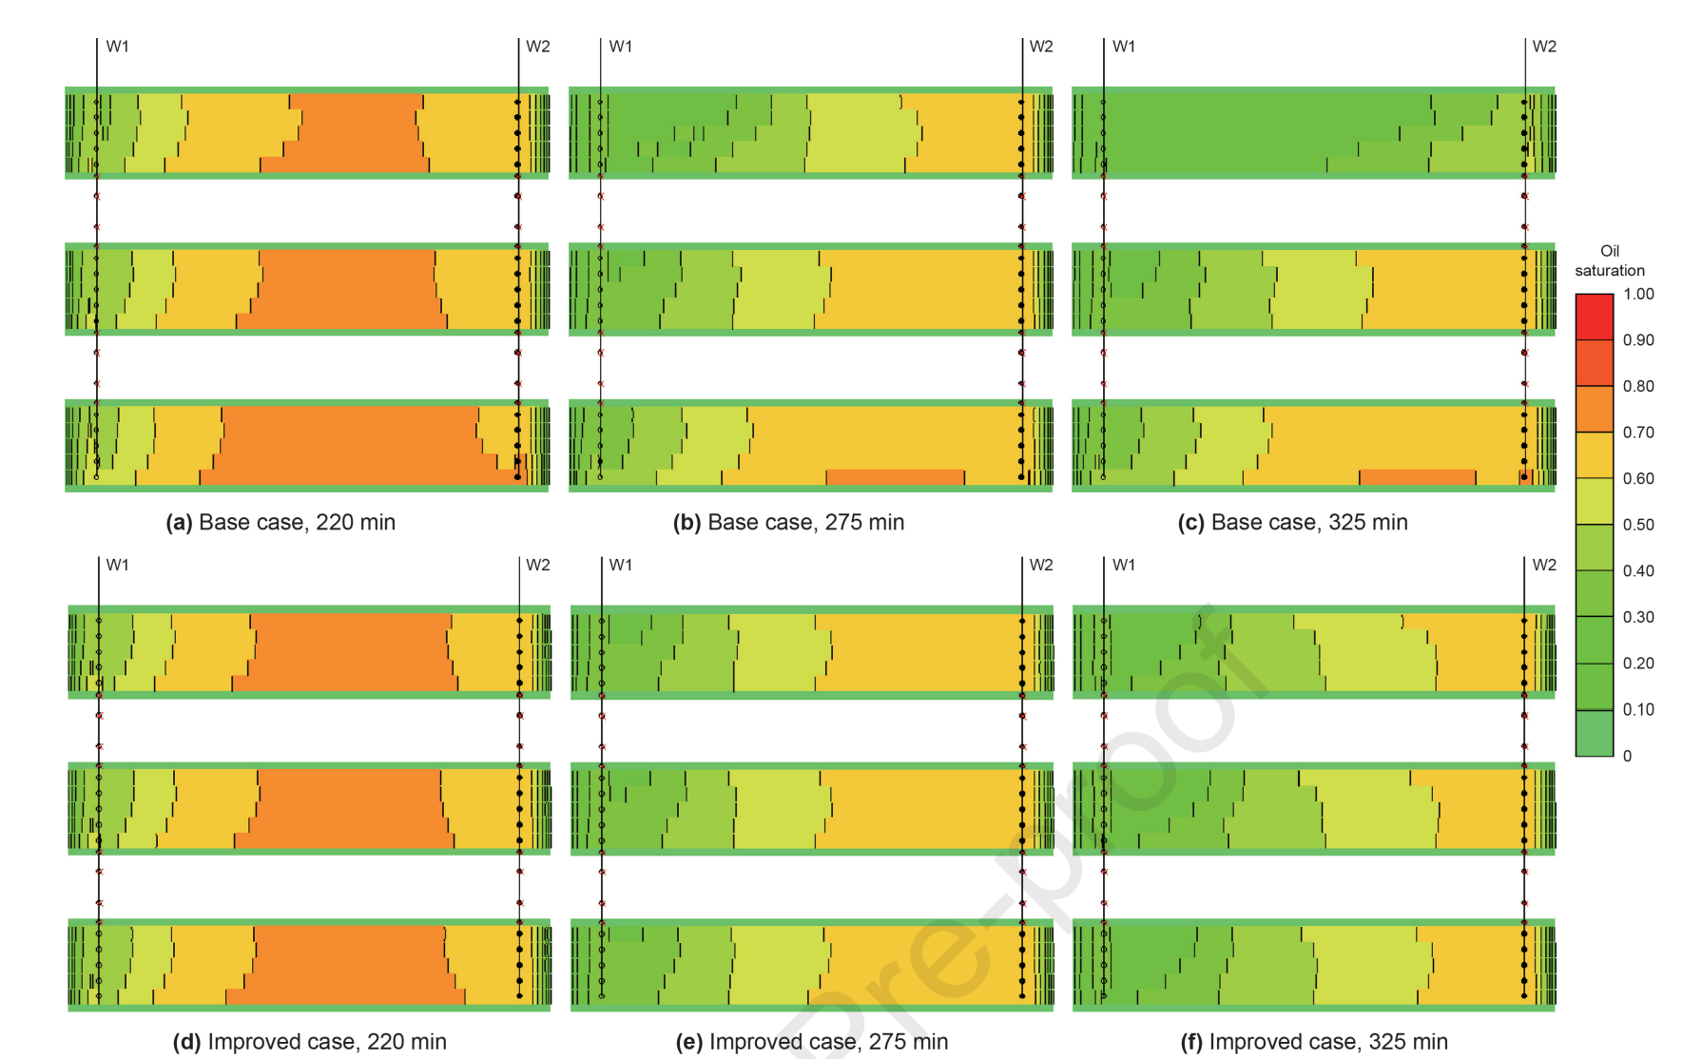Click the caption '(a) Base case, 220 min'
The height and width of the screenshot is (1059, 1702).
[x=280, y=522]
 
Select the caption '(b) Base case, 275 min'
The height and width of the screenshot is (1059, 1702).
[x=788, y=522]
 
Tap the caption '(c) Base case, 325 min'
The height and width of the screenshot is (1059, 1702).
[x=1292, y=522]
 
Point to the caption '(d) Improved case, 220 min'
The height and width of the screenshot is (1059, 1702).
[x=309, y=1041]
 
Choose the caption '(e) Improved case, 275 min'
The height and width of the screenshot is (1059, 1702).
[x=811, y=1041]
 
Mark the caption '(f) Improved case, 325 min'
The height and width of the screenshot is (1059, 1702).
[x=1314, y=1041]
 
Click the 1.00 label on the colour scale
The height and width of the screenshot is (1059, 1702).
[x=1638, y=294]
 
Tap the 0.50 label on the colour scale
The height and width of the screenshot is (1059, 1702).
[x=1638, y=525]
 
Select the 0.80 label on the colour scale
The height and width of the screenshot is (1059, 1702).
[x=1638, y=386]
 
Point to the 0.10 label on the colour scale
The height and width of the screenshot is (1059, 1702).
[x=1638, y=709]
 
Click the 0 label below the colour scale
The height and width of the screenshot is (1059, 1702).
[x=1627, y=756]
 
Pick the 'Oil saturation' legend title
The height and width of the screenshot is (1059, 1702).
[x=1609, y=260]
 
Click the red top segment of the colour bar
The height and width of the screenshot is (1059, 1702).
[x=1594, y=316]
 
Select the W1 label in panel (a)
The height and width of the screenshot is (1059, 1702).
[x=117, y=47]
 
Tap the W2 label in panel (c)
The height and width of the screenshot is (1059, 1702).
[x=1544, y=47]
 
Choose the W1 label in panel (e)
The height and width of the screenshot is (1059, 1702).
[x=620, y=565]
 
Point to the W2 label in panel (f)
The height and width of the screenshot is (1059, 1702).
[x=1544, y=565]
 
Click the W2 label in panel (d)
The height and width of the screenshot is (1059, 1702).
[x=538, y=565]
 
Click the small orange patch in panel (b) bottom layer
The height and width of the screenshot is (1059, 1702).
[x=895, y=476]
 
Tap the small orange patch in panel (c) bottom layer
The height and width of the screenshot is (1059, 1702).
[x=1417, y=476]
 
